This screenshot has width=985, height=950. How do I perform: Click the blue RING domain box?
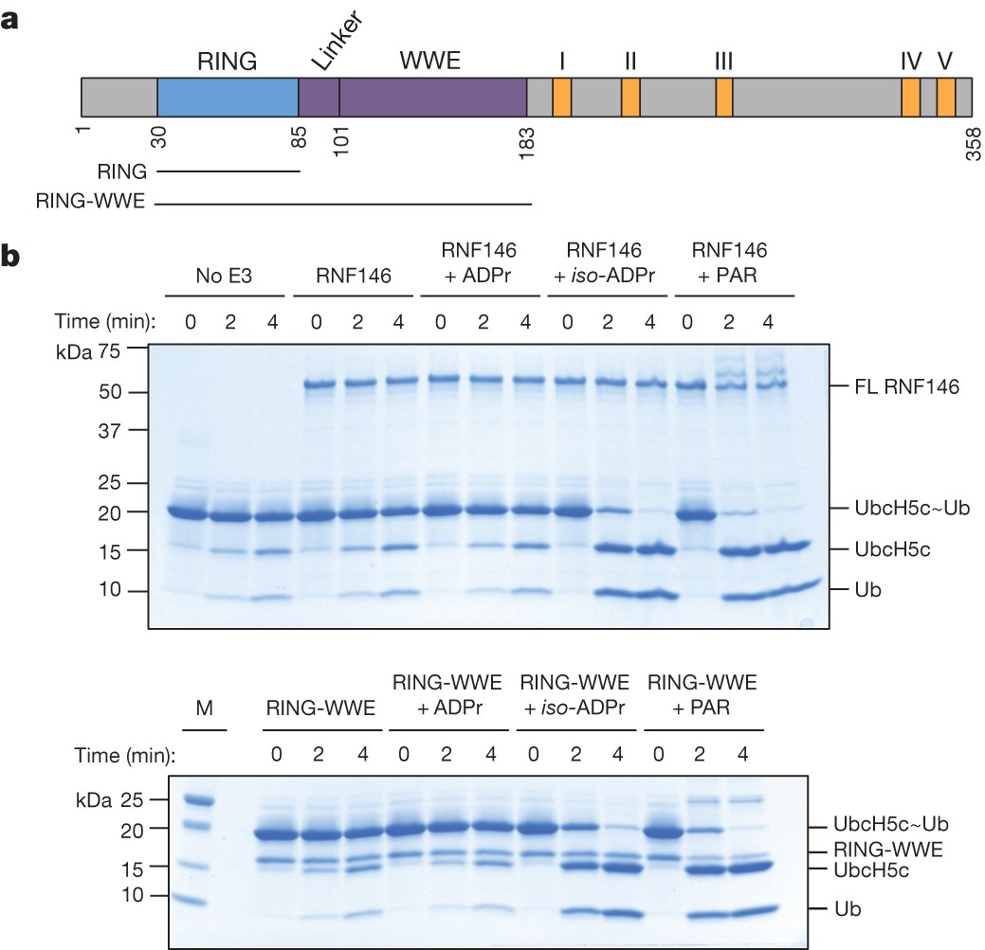tap(228, 98)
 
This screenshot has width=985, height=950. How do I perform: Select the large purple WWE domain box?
tap(432, 98)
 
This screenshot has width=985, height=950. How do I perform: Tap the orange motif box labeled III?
tap(724, 98)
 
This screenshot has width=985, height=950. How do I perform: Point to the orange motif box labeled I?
tap(561, 98)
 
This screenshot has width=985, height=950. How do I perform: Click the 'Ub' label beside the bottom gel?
tap(845, 907)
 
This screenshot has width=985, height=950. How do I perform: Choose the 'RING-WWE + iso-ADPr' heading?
tap(575, 696)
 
